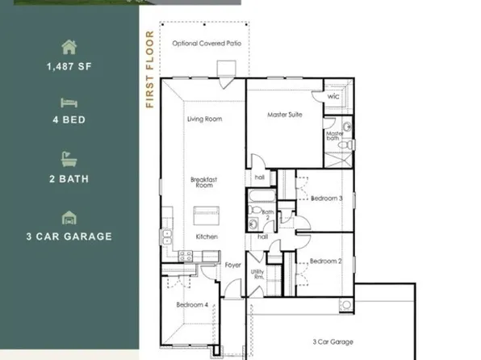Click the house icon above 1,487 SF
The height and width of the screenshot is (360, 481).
[x=69, y=48]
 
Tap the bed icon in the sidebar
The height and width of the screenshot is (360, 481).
[x=69, y=103]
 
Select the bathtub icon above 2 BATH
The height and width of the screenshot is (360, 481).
[x=69, y=159]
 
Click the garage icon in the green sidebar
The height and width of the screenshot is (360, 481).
[x=69, y=217]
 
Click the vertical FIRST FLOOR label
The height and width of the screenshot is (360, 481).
[x=149, y=69]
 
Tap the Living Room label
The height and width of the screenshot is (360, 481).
[x=204, y=119]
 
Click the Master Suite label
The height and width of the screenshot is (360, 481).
[x=284, y=115]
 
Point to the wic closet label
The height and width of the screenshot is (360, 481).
[x=334, y=96]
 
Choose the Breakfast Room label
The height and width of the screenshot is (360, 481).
[x=202, y=182]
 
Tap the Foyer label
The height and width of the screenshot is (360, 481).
[x=233, y=265]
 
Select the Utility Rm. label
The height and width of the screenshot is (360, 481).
[x=258, y=274]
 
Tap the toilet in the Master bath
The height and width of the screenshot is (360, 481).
[x=345, y=144]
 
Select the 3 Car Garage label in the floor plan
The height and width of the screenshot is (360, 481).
[x=332, y=342]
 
